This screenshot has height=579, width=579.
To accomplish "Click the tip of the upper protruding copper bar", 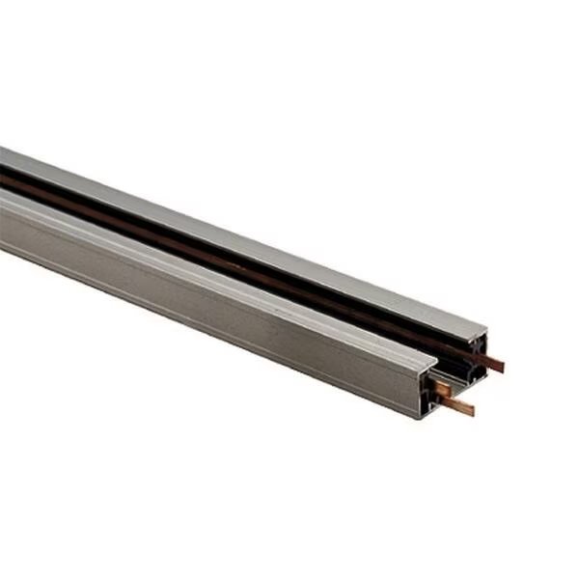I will click(501, 366).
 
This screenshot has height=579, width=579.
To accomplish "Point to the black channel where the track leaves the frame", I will click(8, 173).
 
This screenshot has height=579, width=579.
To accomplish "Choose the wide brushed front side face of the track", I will click(212, 289).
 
